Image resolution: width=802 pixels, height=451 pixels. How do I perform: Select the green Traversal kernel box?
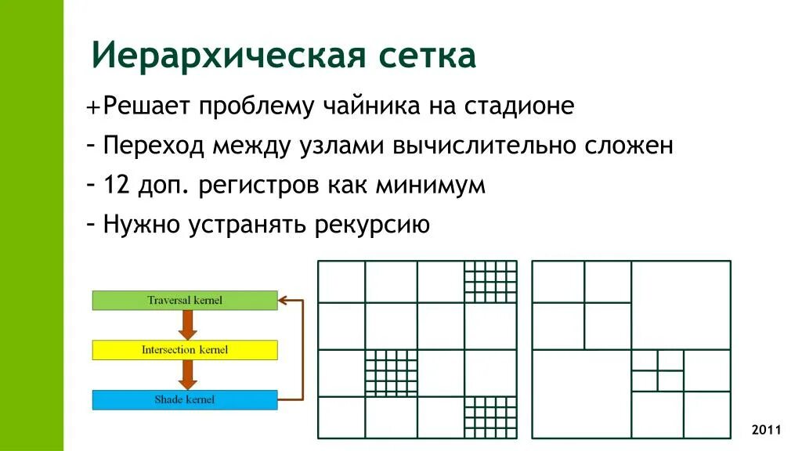[185, 300]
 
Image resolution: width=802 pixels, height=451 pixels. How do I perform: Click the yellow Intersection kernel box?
[185, 349]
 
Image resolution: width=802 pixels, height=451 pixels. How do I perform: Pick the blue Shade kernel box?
[185, 399]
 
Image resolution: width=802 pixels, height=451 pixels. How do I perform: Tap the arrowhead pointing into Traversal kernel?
[284, 300]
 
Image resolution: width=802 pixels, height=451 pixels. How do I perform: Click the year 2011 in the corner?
[766, 430]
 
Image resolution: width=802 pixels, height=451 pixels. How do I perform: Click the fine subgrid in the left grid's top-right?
[490, 281]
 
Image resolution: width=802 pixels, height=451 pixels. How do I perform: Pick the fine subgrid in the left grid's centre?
[391, 373]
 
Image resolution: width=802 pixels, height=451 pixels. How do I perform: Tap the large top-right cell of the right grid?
[681, 305]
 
